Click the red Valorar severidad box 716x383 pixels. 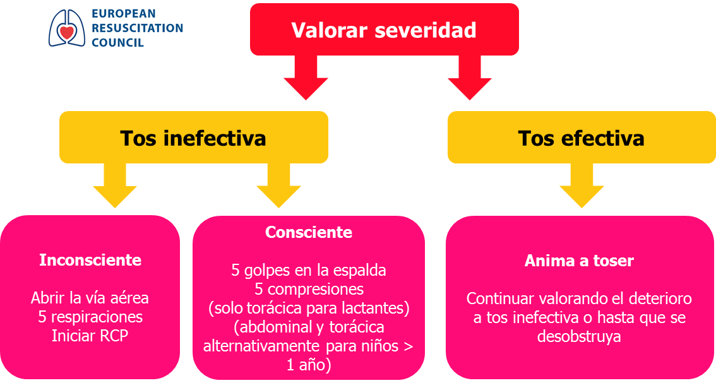pyautogui.click(x=384, y=30)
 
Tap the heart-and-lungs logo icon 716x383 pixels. pyautogui.click(x=67, y=28)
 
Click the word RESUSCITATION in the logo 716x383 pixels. pyautogui.click(x=138, y=28)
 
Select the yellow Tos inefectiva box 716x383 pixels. pyautogui.click(x=194, y=138)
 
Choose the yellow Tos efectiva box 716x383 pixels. pyautogui.click(x=582, y=138)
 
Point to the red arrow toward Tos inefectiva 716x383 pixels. pyautogui.click(x=306, y=78)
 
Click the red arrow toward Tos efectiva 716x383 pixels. pyautogui.click(x=469, y=78)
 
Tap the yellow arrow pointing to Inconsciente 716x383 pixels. pyautogui.click(x=115, y=186)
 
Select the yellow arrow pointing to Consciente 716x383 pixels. pyautogui.click(x=278, y=186)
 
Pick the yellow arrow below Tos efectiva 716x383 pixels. pyautogui.click(x=582, y=186)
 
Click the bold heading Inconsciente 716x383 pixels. pyautogui.click(x=90, y=260)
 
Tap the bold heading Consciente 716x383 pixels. pyautogui.click(x=309, y=232)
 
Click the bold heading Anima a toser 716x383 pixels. pyautogui.click(x=579, y=261)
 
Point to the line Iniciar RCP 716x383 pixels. pyautogui.click(x=90, y=336)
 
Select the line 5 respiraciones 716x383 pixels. pyautogui.click(x=90, y=317)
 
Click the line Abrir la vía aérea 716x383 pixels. pyautogui.click(x=90, y=298)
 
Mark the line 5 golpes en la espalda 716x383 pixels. pyautogui.click(x=309, y=270)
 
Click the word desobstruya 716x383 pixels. pyautogui.click(x=579, y=336)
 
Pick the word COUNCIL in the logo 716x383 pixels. pyautogui.click(x=118, y=42)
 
